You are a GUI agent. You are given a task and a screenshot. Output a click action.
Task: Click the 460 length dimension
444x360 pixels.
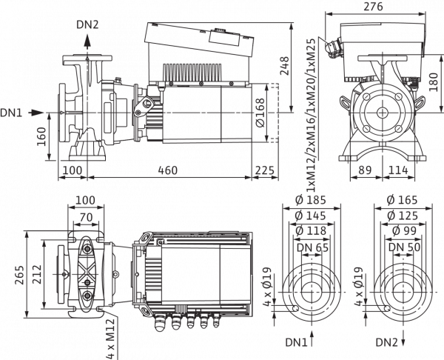(168, 170)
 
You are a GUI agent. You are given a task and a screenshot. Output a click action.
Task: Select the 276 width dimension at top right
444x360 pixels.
(373, 6)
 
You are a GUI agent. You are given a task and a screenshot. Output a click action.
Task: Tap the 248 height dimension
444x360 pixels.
(284, 66)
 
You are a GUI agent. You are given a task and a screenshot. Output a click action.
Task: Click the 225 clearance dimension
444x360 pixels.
(265, 170)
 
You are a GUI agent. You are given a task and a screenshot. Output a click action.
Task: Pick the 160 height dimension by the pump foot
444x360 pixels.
(41, 136)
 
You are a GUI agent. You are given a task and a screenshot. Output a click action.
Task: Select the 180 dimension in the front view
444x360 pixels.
(433, 82)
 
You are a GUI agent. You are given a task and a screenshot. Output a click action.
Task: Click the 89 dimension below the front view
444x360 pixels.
(365, 170)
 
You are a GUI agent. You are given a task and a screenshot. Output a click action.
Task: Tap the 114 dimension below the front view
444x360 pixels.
(398, 170)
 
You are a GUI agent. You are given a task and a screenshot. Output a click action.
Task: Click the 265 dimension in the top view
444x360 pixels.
(20, 275)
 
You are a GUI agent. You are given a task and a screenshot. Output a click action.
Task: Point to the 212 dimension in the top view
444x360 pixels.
(37, 274)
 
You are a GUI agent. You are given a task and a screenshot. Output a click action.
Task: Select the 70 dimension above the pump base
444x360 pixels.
(86, 218)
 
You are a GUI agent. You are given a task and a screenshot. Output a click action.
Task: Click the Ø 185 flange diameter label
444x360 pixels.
(311, 200)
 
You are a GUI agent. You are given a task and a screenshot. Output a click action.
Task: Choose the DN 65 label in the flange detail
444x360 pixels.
(312, 247)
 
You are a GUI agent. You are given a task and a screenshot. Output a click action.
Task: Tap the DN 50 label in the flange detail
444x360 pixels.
(404, 247)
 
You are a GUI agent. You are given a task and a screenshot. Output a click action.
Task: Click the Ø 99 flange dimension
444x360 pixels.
(404, 231)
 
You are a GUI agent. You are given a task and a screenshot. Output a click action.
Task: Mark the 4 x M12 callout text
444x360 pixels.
(110, 339)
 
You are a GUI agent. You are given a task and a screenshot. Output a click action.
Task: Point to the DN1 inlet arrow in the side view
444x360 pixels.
(36, 113)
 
